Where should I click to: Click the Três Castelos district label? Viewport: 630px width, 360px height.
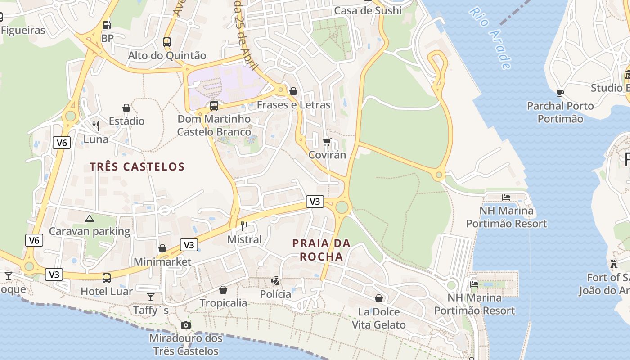pyautogui.click(x=137, y=167)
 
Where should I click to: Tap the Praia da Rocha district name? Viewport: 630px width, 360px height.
pyautogui.click(x=321, y=250)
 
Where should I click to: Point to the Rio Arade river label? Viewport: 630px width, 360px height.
pyautogui.click(x=490, y=38)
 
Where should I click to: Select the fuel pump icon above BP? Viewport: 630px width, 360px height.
pyautogui.click(x=107, y=26)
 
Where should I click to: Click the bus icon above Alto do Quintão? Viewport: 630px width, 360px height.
pyautogui.click(x=167, y=42)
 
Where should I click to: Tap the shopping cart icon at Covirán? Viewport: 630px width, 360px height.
pyautogui.click(x=327, y=142)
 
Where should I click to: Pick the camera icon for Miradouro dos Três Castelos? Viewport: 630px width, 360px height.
pyautogui.click(x=185, y=325)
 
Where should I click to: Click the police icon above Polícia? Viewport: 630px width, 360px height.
pyautogui.click(x=275, y=281)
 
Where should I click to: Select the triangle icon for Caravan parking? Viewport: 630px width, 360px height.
pyautogui.click(x=89, y=219)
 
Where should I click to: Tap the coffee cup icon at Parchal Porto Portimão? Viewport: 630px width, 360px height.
pyautogui.click(x=560, y=93)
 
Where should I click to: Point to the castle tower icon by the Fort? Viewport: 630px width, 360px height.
pyautogui.click(x=614, y=264)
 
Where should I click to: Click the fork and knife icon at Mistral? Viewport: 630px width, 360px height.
pyautogui.click(x=244, y=226)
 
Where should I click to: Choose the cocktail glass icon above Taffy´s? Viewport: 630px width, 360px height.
pyautogui.click(x=151, y=297)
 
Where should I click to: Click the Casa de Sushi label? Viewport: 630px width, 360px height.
pyautogui.click(x=368, y=10)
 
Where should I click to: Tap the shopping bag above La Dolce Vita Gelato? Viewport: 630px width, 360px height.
pyautogui.click(x=379, y=298)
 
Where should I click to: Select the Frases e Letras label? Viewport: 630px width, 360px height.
pyautogui.click(x=293, y=105)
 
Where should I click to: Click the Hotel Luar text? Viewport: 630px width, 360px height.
pyautogui.click(x=107, y=291)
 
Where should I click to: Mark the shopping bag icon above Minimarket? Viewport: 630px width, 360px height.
pyautogui.click(x=162, y=248)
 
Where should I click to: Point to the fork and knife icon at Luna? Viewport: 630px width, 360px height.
pyautogui.click(x=96, y=126)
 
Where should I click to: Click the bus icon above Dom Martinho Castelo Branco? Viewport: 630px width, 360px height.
pyautogui.click(x=214, y=106)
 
